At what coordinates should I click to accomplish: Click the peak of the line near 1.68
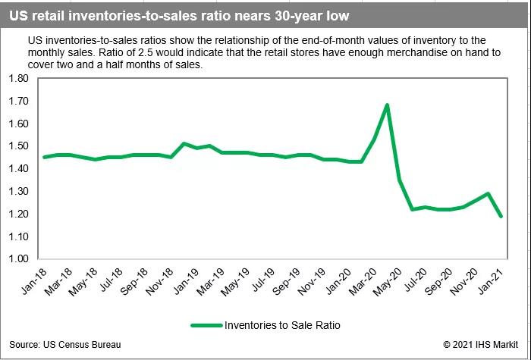point(388,105)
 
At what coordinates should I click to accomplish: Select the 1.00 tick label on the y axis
point(17,259)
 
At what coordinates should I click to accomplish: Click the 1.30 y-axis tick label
point(17,191)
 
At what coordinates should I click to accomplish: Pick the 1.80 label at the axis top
point(17,78)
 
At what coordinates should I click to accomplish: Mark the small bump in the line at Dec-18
point(184,143)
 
